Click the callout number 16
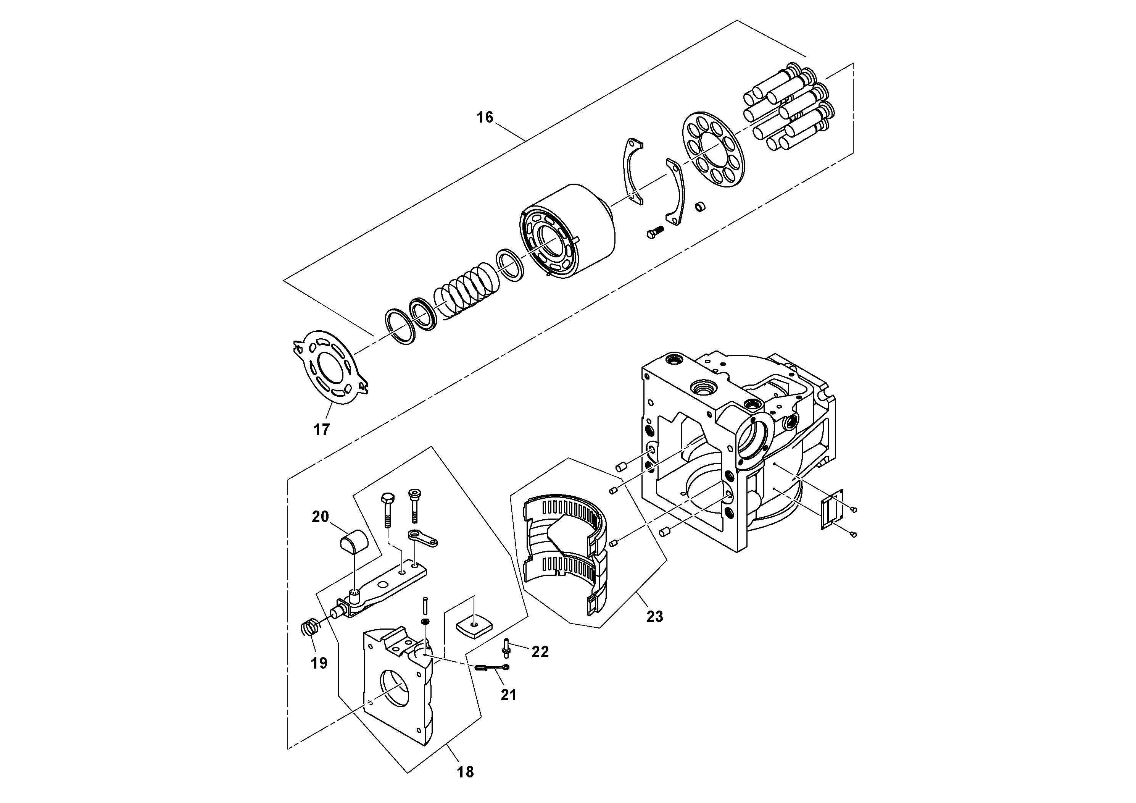click(485, 117)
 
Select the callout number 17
click(322, 429)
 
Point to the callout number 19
click(319, 663)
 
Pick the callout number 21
click(508, 695)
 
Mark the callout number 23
click(654, 616)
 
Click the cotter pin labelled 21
click(493, 668)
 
